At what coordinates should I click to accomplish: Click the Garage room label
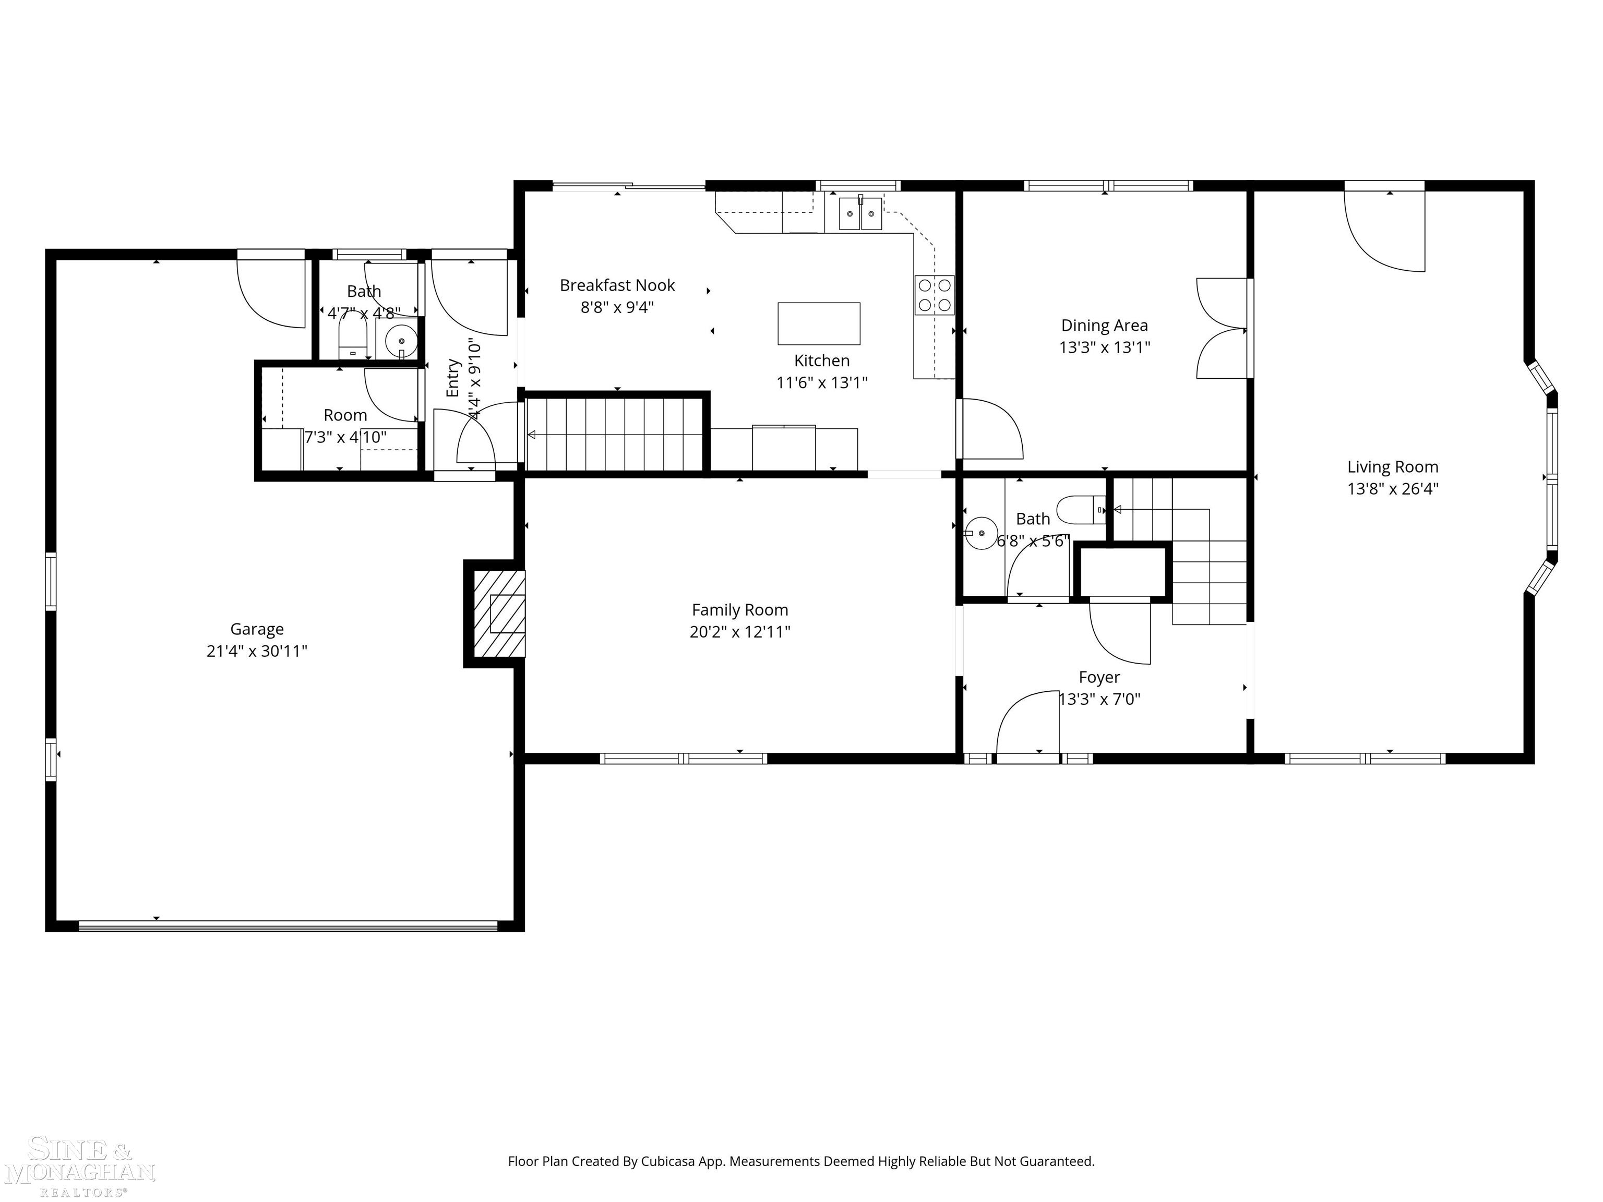pyautogui.click(x=257, y=629)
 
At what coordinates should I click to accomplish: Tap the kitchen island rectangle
pyautogui.click(x=819, y=323)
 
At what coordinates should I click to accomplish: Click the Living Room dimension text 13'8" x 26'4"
pyautogui.click(x=1392, y=489)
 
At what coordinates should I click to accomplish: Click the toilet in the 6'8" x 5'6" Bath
pyautogui.click(x=1080, y=509)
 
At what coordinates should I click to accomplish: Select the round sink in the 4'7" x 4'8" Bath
pyautogui.click(x=401, y=341)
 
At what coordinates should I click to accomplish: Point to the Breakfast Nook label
pyautogui.click(x=617, y=285)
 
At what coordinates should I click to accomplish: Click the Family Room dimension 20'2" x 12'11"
pyautogui.click(x=739, y=632)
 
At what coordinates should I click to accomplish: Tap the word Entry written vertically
pyautogui.click(x=453, y=378)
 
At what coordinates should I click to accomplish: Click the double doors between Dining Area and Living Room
pyautogui.click(x=1222, y=328)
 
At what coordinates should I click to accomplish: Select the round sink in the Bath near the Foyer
pyautogui.click(x=981, y=533)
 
